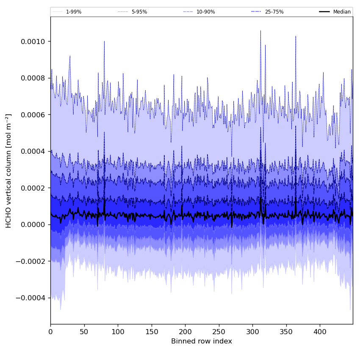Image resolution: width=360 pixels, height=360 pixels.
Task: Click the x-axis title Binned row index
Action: (x=202, y=341)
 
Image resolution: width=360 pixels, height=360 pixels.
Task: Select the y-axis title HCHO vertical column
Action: (x=9, y=171)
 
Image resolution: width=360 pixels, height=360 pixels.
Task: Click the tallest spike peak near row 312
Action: (x=260, y=31)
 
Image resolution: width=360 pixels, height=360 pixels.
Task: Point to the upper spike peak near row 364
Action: (x=296, y=36)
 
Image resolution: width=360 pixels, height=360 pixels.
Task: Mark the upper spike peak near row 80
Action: (x=104, y=42)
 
